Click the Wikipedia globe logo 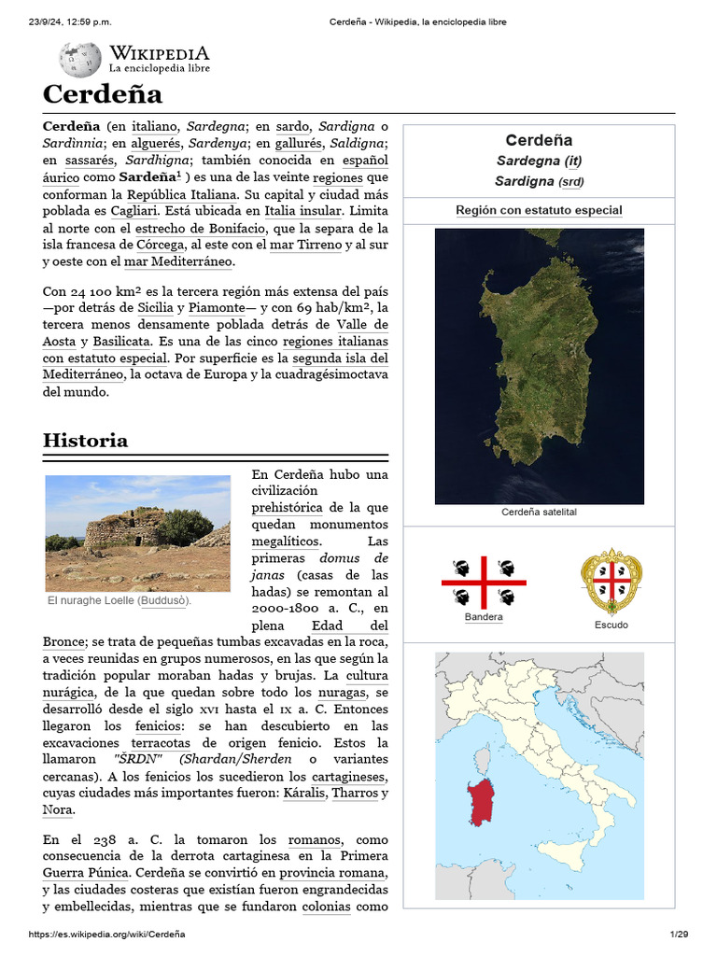click(x=80, y=59)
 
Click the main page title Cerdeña click(x=103, y=94)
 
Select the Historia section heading click(x=86, y=440)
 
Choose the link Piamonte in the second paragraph click(x=217, y=307)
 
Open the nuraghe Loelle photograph click(x=137, y=533)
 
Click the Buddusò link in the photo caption click(x=163, y=600)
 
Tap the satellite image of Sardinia click(x=539, y=366)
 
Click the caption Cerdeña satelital click(x=539, y=513)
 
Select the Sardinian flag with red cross click(x=483, y=583)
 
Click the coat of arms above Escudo click(x=611, y=581)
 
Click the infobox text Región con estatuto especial click(x=539, y=210)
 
